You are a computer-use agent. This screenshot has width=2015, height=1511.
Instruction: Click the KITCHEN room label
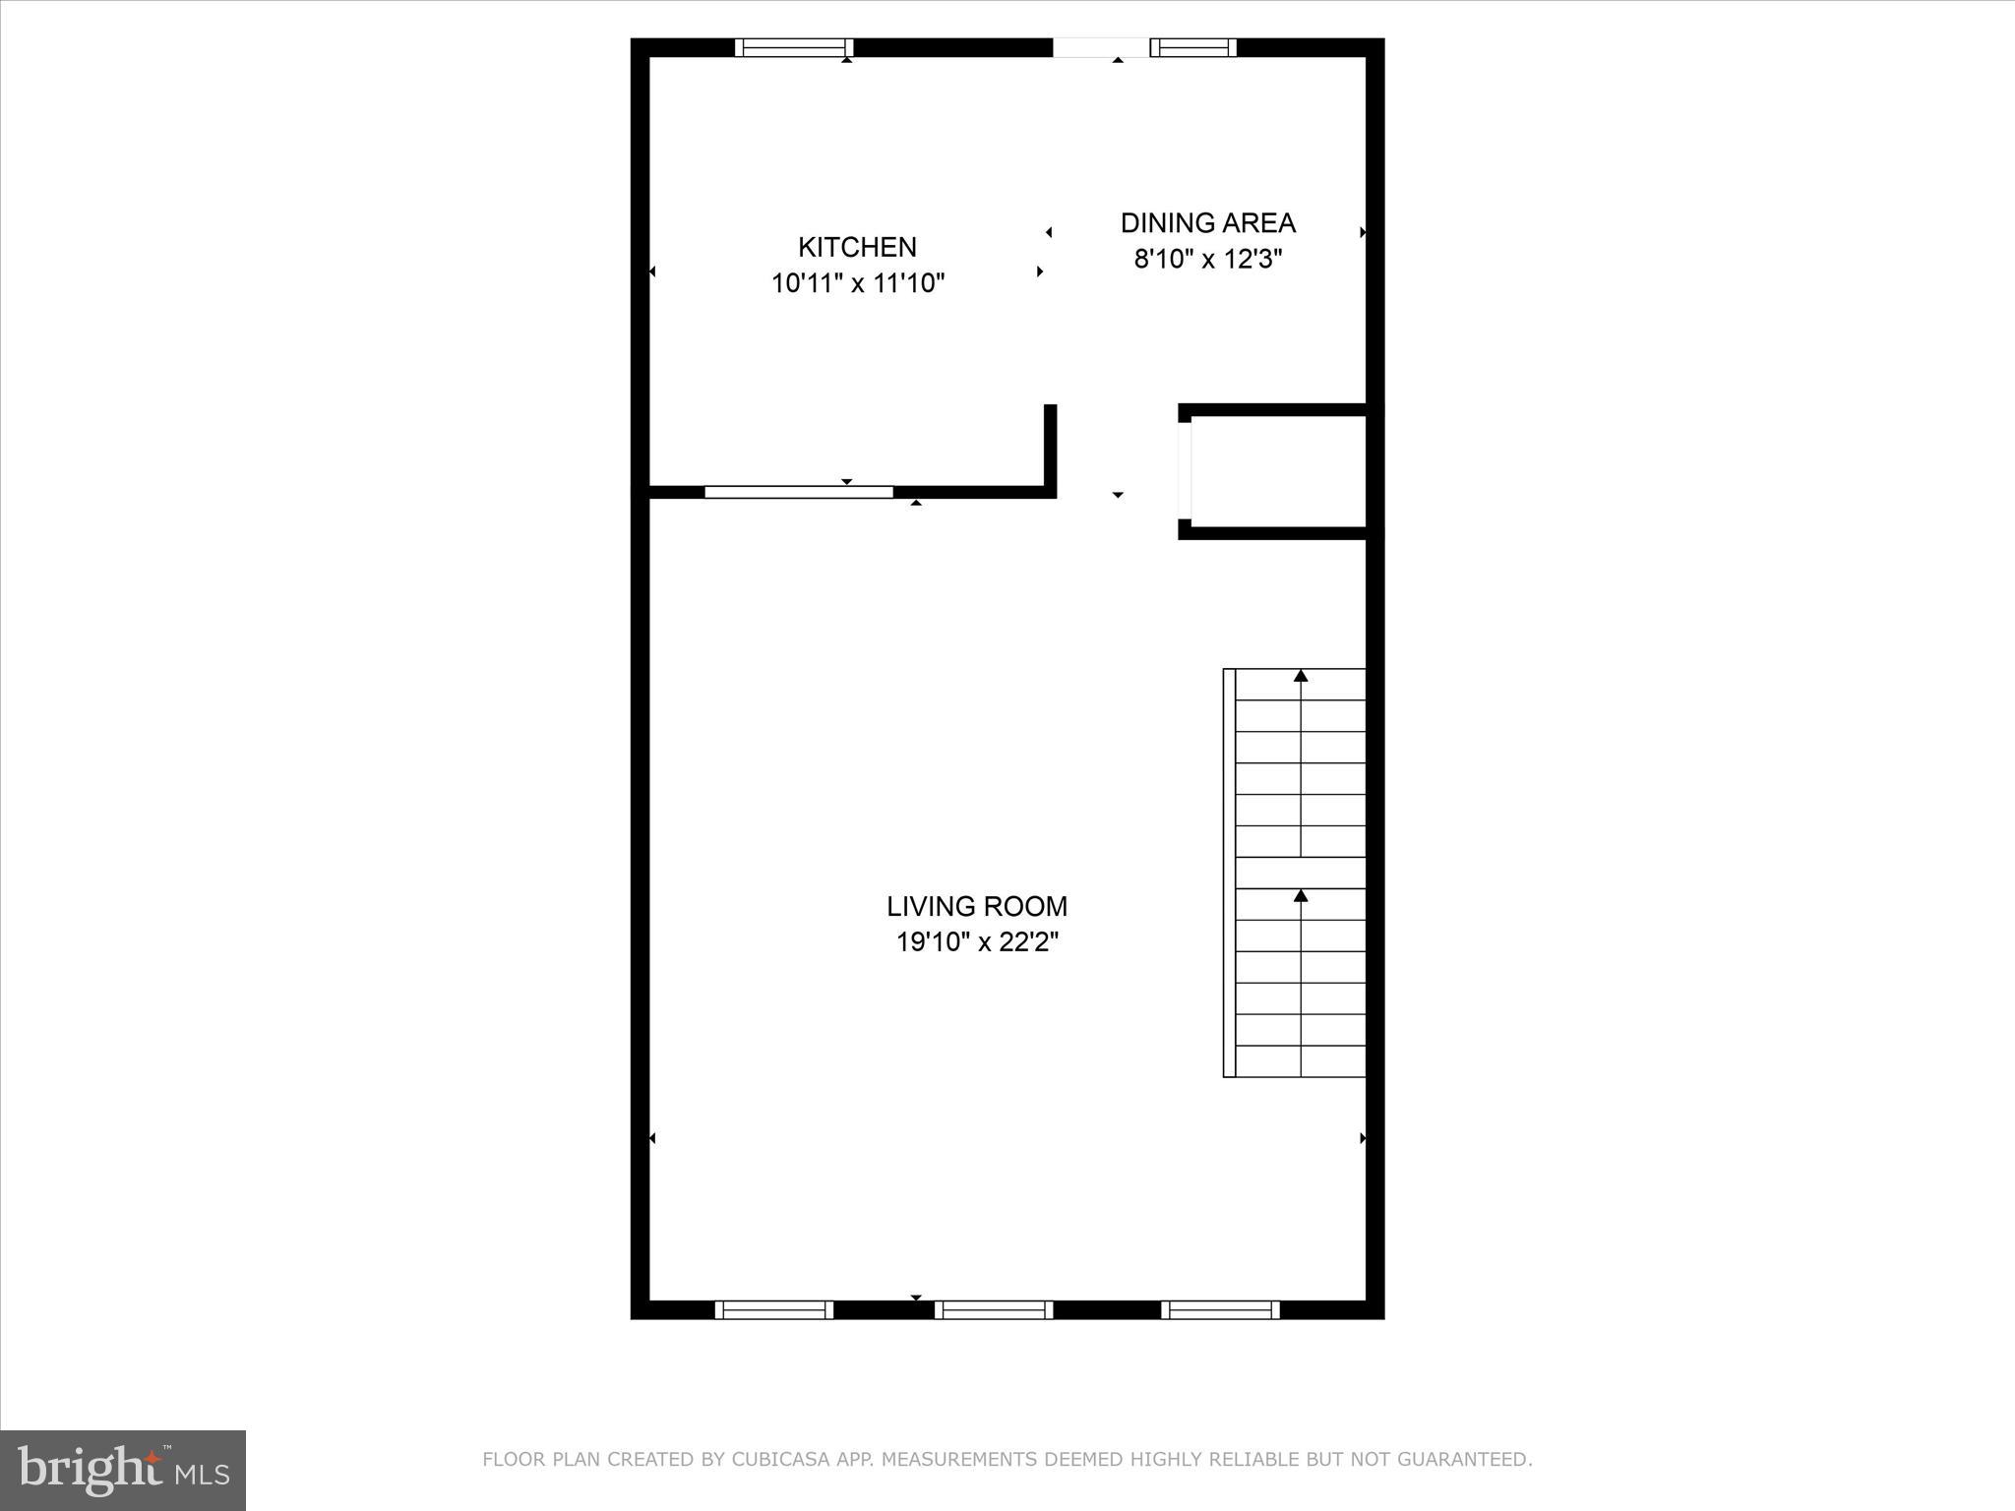pos(857,247)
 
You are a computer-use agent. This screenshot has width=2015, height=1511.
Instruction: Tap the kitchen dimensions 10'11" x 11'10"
pos(857,283)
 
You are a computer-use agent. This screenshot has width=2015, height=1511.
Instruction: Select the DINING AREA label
pos(1207,223)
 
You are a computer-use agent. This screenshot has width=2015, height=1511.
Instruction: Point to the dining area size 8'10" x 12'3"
pos(1207,260)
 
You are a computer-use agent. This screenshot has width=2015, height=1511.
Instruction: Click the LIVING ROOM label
pos(976,906)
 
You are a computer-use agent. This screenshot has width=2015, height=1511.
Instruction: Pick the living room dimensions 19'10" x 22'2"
pos(976,942)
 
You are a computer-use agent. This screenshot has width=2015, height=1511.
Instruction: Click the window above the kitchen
pos(794,47)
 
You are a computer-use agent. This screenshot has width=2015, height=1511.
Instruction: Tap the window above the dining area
pos(1192,47)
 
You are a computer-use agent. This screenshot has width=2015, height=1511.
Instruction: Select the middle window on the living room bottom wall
pos(993,1309)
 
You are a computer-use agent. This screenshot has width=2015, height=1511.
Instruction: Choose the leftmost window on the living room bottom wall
pos(773,1309)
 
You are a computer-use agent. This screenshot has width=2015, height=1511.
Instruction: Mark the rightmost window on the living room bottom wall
pos(1220,1309)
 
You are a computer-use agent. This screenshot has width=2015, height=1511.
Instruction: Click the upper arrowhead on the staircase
pos(1301,676)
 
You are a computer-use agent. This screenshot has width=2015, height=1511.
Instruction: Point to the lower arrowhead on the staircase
pos(1301,896)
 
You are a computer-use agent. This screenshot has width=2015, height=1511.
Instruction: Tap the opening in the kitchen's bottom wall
pos(798,492)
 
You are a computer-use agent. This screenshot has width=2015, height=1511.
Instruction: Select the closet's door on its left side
pos(1186,469)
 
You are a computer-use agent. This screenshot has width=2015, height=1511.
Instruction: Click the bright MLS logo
pos(123,1470)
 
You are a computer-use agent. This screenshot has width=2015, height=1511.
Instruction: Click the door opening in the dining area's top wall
pos(1100,47)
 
